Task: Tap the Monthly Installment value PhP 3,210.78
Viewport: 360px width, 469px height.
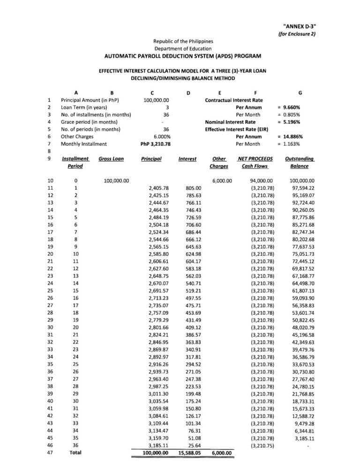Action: pyautogui.click(x=155, y=144)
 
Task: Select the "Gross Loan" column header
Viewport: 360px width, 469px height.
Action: pyautogui.click(x=111, y=159)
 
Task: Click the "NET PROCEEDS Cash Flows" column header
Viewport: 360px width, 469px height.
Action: pyautogui.click(x=255, y=163)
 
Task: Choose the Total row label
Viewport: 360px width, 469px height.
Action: pyautogui.click(x=75, y=453)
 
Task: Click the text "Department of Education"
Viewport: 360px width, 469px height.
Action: pyautogui.click(x=183, y=48)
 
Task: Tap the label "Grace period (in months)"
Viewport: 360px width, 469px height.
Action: pyautogui.click(x=89, y=122)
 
